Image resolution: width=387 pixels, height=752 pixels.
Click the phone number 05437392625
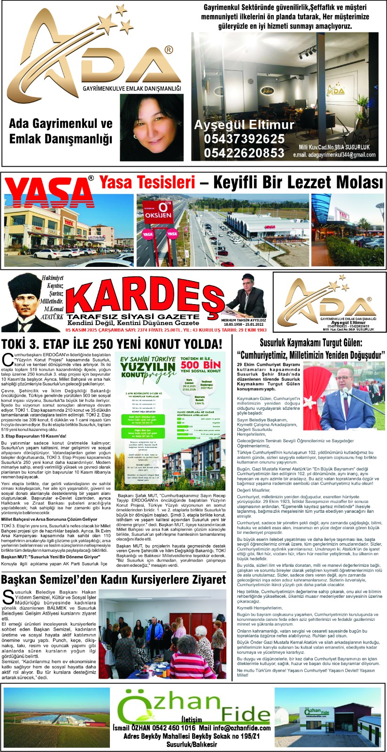pos(244,139)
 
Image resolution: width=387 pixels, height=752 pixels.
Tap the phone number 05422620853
pos(244,153)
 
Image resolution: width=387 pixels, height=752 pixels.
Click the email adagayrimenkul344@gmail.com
pos(334,155)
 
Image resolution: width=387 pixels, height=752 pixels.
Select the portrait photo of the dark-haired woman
pos(151,127)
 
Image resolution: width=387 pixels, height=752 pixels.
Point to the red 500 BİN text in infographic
pos(201,365)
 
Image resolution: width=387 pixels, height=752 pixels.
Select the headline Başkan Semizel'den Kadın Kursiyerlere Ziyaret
pos(114,579)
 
